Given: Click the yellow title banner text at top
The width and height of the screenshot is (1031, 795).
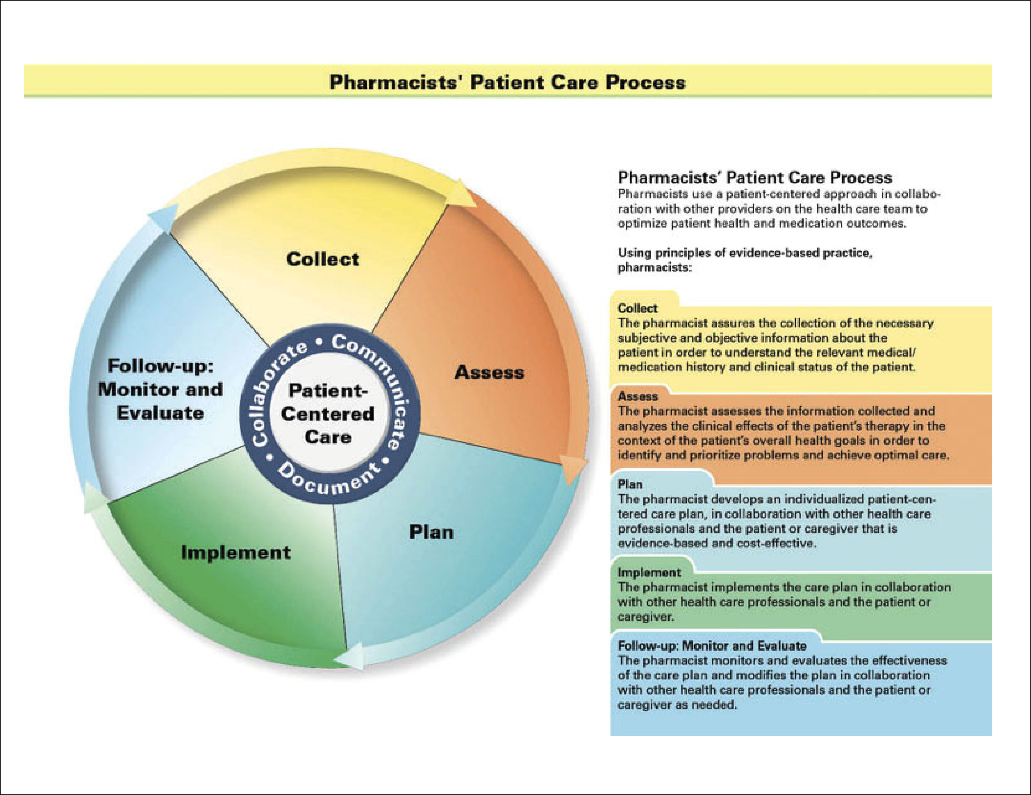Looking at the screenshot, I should [507, 82].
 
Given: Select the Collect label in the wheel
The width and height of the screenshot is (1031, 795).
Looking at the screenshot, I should [323, 259].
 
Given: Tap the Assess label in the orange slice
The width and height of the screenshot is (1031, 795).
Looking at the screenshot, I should [490, 373].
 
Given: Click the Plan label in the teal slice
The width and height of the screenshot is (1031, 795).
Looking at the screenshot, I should [431, 532].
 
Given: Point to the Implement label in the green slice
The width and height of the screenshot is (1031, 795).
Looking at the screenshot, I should [235, 552].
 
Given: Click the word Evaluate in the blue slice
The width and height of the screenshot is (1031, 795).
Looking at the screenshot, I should [161, 413].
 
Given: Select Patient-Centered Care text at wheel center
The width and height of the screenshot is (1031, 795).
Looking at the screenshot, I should [327, 414].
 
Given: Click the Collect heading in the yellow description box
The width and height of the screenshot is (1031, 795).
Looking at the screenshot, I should [637, 309].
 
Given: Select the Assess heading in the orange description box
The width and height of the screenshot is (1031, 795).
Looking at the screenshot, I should [637, 396].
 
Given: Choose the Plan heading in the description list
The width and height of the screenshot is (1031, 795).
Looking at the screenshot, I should [630, 485].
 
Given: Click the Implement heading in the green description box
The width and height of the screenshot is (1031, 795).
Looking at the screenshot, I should [649, 572].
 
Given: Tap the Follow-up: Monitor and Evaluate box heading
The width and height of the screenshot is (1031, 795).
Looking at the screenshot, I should [712, 645].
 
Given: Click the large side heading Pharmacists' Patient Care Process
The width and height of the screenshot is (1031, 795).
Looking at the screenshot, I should [754, 178].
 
